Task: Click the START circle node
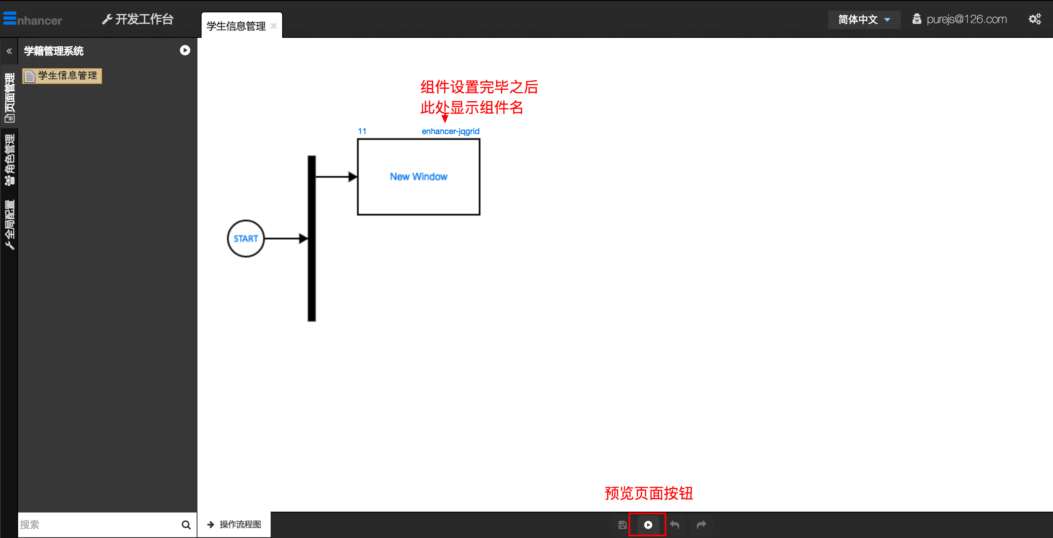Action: click(x=246, y=239)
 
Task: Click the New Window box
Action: click(x=418, y=177)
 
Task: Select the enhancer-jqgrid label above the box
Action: click(x=450, y=131)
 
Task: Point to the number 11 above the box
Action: click(x=362, y=131)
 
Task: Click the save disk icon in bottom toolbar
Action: click(x=622, y=525)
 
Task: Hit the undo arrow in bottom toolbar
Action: click(x=675, y=525)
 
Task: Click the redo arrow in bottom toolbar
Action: click(x=701, y=525)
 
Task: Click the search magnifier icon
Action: click(x=186, y=525)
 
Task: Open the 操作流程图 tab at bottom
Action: click(x=234, y=525)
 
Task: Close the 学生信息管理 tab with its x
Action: click(x=274, y=26)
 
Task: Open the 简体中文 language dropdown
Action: click(x=864, y=19)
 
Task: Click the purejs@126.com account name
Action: click(x=966, y=19)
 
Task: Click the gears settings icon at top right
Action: click(x=1034, y=19)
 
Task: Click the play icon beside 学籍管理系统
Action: click(x=185, y=50)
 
